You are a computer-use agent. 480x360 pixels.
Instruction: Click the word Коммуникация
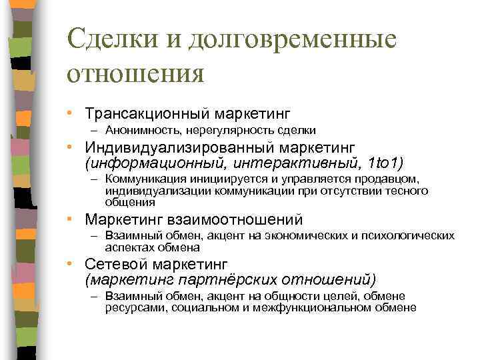pyautogui.click(x=141, y=179)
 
